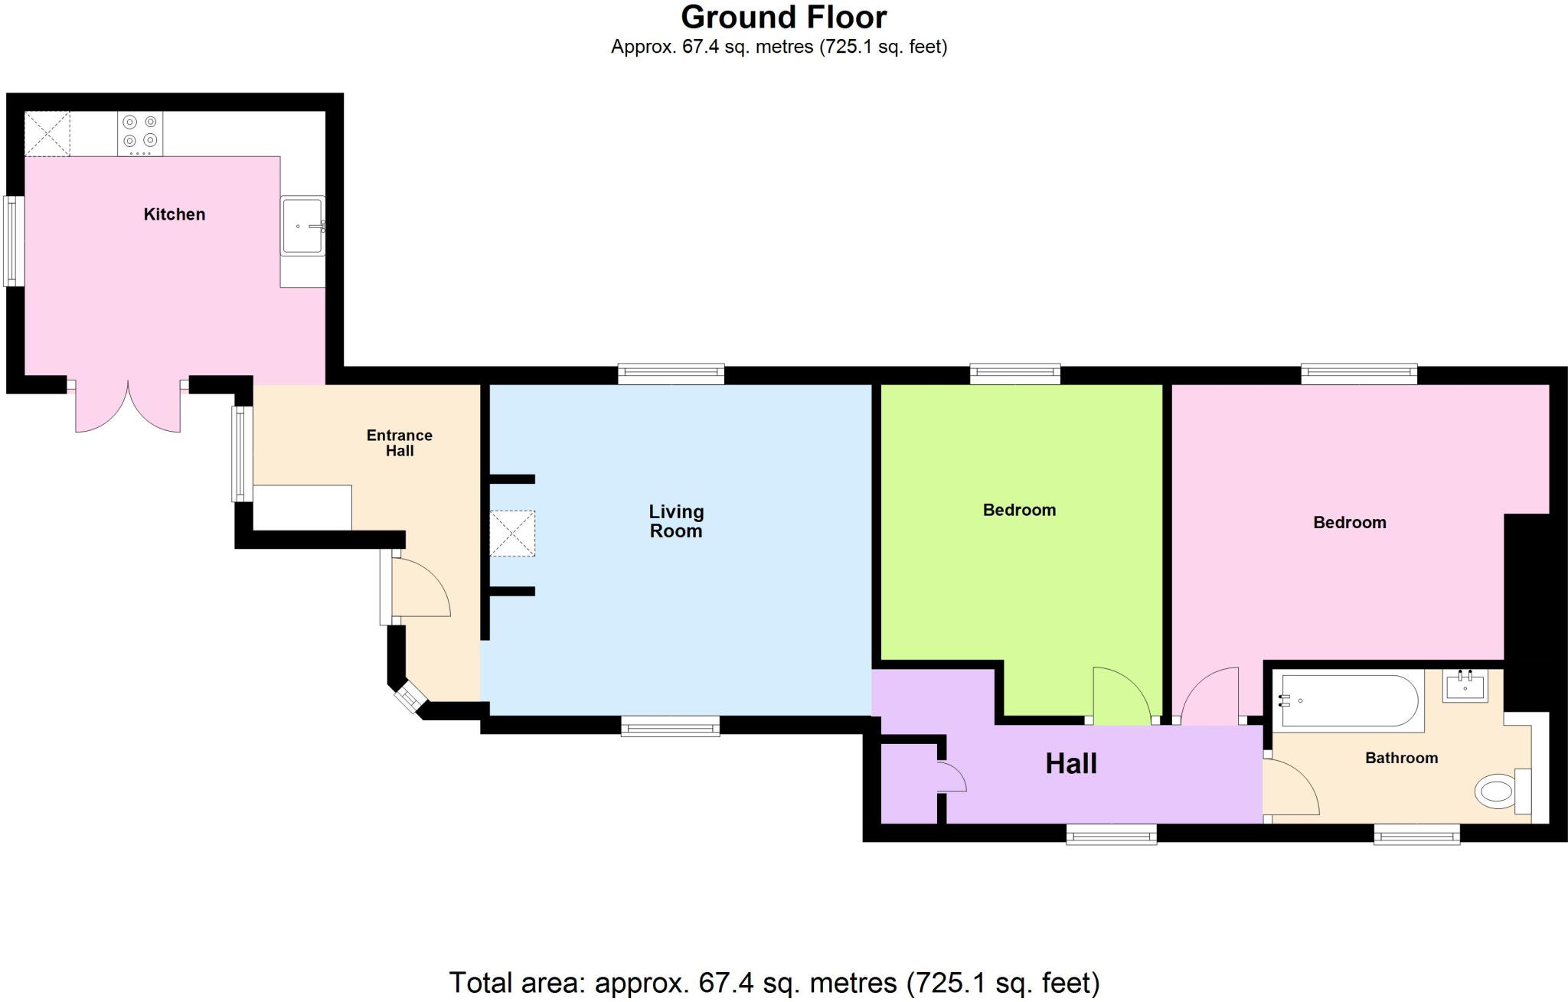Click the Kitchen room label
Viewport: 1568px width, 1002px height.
pos(175,214)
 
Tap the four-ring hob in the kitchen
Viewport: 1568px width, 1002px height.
pos(140,133)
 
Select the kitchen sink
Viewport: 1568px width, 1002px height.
pos(303,226)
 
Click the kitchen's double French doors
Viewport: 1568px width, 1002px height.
pos(128,406)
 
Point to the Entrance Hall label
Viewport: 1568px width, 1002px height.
pos(399,443)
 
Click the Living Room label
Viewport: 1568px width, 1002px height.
pos(676,521)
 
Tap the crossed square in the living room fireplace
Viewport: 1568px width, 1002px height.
pos(512,534)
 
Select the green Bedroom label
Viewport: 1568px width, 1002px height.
pos(1019,510)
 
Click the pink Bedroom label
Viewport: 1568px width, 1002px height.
pos(1349,523)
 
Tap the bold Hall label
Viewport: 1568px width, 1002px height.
pos(1071,764)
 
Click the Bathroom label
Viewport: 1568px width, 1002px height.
pos(1401,758)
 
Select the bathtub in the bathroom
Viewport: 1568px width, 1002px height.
pos(1349,700)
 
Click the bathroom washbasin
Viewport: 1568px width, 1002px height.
pos(1465,686)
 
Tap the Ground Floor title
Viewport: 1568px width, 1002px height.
pos(783,17)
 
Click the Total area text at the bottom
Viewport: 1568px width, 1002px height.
pos(773,982)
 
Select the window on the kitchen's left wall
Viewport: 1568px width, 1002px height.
pos(14,241)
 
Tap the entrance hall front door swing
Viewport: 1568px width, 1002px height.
pos(419,588)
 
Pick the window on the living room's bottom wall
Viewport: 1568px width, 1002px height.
pos(670,726)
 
